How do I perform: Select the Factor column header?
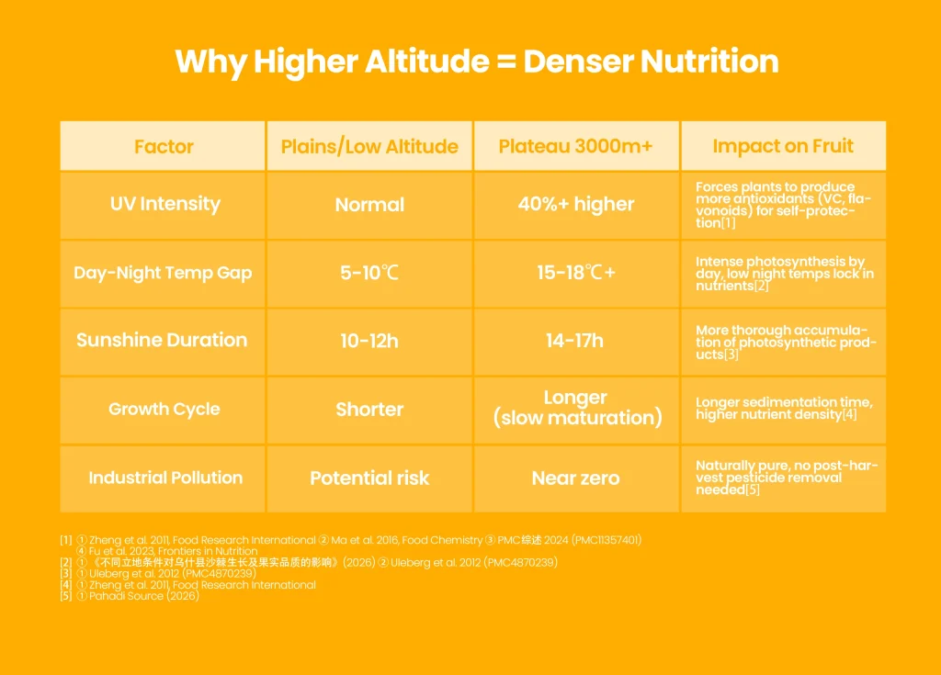tap(164, 146)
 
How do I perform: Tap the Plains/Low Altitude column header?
tap(369, 146)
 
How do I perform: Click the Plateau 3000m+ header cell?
tap(575, 146)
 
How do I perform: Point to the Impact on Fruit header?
tap(783, 146)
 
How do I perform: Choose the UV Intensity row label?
tap(165, 204)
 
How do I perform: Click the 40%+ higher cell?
tap(576, 204)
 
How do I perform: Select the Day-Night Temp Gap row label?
tap(163, 273)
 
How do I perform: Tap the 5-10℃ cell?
tap(369, 273)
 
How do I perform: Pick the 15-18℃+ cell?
tap(576, 273)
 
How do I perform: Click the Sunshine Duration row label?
tap(162, 340)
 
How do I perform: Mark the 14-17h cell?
tap(575, 341)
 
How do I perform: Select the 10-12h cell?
tap(369, 341)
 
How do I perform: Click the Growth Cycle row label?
tap(164, 410)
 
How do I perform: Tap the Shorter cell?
tap(369, 410)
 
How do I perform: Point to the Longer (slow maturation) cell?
tap(577, 408)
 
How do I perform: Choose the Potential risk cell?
tap(369, 478)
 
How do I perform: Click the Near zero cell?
tap(575, 478)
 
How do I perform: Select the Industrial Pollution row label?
tap(165, 478)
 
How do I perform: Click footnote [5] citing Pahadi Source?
tap(130, 596)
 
